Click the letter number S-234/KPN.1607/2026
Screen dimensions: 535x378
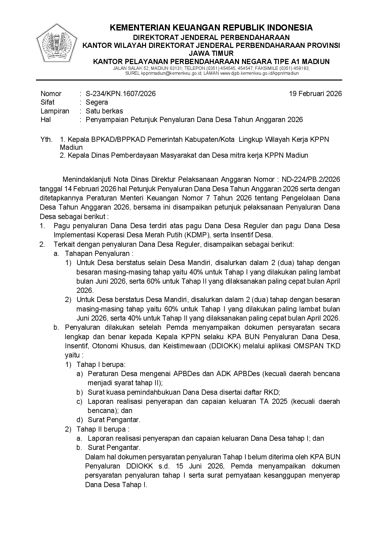[120, 94]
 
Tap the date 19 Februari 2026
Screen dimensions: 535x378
[316, 94]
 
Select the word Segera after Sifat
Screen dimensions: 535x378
[97, 102]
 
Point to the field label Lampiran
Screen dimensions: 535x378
[55, 111]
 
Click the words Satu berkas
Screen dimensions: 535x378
[104, 111]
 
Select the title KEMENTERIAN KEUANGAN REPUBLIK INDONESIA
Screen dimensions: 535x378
[211, 28]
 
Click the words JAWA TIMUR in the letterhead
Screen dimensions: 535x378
[211, 54]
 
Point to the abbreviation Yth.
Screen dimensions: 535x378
[46, 140]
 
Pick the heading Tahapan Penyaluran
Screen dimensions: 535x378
[98, 253]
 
